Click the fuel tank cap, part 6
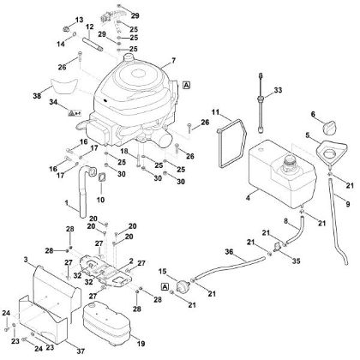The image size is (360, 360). [330, 128]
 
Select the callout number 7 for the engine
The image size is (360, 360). [173, 60]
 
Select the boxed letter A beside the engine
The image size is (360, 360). [186, 85]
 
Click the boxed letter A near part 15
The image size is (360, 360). [165, 286]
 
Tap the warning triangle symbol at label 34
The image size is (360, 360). [71, 113]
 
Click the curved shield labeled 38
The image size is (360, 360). [64, 86]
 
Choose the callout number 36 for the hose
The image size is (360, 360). [229, 252]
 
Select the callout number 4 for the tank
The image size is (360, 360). [248, 197]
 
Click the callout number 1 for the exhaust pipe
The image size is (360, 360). [67, 203]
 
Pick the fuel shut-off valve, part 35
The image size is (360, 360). [277, 246]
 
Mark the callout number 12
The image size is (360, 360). [89, 27]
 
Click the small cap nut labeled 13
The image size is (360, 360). [67, 29]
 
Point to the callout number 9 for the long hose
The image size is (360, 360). [348, 204]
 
